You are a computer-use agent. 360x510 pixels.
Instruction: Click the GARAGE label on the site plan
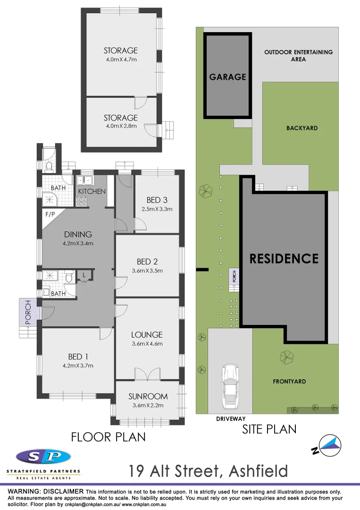pyautogui.click(x=227, y=76)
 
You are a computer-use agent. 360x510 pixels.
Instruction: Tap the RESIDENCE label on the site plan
pyautogui.click(x=284, y=258)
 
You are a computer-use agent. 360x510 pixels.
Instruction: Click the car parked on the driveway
pyautogui.click(x=230, y=386)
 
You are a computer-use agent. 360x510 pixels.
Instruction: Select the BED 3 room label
pyautogui.click(x=154, y=200)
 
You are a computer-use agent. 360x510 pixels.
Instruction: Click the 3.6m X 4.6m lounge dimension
pyautogui.click(x=147, y=343)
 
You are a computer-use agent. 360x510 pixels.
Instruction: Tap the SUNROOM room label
pyautogui.click(x=148, y=396)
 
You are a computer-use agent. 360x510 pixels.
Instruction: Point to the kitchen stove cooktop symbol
pyautogui.click(x=81, y=202)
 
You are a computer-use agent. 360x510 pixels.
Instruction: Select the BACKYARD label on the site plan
pyautogui.click(x=302, y=128)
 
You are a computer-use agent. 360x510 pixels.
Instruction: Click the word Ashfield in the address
pyautogui.click(x=258, y=471)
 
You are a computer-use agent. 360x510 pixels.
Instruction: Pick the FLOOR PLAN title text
pyautogui.click(x=108, y=437)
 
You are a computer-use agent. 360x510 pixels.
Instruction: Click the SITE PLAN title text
pyautogui.click(x=269, y=429)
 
